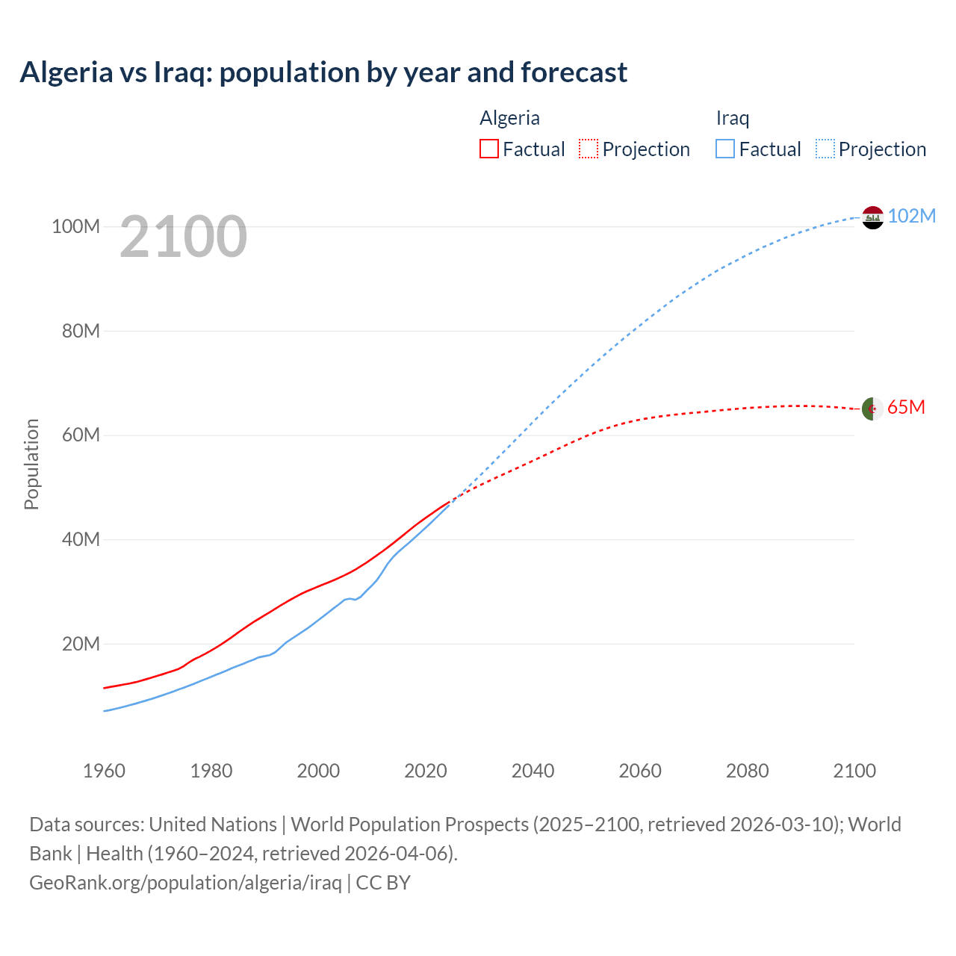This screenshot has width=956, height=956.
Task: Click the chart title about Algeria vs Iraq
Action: click(323, 72)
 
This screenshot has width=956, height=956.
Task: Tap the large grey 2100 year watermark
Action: click(183, 237)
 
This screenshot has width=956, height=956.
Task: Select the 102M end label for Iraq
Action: click(911, 216)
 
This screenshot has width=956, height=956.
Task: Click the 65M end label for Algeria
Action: click(906, 407)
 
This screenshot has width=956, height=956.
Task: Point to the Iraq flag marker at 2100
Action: click(872, 217)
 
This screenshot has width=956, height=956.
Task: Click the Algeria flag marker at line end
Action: click(872, 409)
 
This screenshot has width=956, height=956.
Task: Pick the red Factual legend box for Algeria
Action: click(488, 149)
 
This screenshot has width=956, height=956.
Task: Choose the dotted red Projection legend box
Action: click(589, 149)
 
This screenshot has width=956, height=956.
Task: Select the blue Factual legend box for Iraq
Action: click(724, 149)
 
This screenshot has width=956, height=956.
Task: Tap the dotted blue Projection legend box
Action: click(825, 149)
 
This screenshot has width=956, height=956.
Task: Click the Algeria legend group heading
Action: click(509, 118)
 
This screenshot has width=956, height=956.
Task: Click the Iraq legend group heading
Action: click(732, 118)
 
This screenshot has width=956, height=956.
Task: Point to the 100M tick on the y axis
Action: click(75, 226)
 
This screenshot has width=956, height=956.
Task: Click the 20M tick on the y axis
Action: click(81, 644)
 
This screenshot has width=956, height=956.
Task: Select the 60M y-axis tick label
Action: click(81, 435)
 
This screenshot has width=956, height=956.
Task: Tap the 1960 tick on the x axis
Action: click(104, 771)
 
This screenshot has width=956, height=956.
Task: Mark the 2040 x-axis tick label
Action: click(533, 771)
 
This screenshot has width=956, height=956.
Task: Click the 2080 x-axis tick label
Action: click(747, 771)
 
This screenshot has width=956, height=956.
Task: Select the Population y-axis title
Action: click(31, 464)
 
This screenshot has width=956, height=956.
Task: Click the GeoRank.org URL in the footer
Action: click(185, 882)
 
